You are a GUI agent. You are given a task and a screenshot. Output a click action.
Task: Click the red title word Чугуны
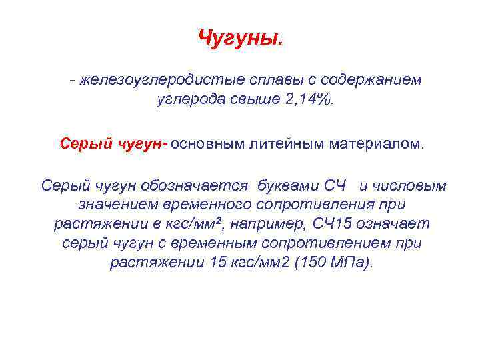coord(240,38)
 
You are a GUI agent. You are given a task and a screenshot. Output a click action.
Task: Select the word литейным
coord(295,143)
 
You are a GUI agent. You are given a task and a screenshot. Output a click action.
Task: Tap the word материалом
coord(379,143)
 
